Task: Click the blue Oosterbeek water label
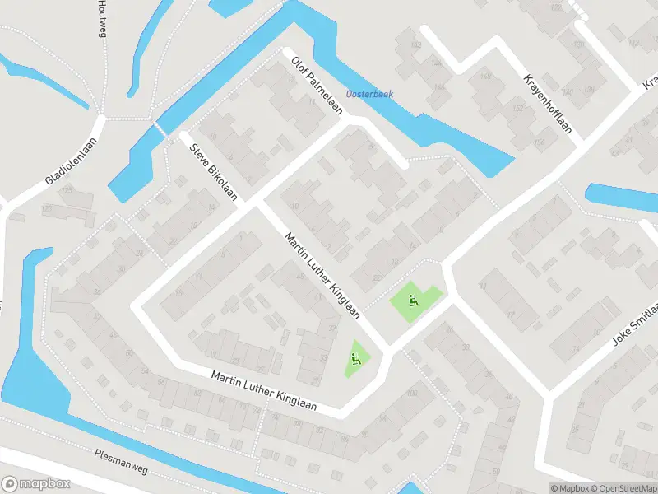coord(369,94)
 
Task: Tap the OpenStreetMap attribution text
coord(620,487)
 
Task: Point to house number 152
coord(517,108)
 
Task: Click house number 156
coord(538,142)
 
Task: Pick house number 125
coord(65,190)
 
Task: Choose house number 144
coord(435,63)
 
